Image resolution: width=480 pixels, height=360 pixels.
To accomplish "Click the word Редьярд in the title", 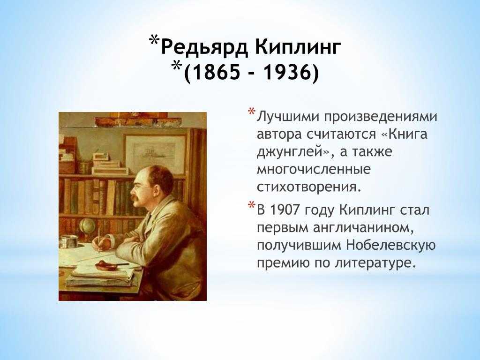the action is pyautogui.click(x=204, y=48).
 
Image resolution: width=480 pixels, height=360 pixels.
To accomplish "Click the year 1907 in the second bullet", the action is pyautogui.click(x=286, y=210).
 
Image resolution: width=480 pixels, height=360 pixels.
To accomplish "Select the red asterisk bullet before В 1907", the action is pyautogui.click(x=251, y=205).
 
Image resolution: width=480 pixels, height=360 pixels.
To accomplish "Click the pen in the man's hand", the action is pyautogui.click(x=99, y=240).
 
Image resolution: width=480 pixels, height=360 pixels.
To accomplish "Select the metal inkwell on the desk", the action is pyautogui.click(x=68, y=241).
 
